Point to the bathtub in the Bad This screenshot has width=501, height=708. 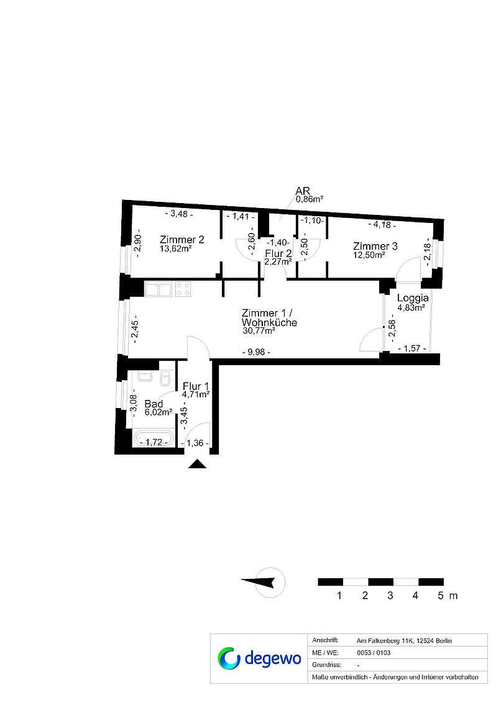154,439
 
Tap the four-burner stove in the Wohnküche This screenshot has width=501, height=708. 183,289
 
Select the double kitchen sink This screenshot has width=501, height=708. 158,289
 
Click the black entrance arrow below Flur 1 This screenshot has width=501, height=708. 197,464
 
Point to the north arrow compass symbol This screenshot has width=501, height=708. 264,583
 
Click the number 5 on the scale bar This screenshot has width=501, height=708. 441,596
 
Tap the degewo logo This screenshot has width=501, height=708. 259,658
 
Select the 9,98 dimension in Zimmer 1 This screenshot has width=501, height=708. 256,352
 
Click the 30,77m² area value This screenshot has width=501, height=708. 259,330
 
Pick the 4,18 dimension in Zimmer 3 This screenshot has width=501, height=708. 382,224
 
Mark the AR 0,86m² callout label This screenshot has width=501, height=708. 308,194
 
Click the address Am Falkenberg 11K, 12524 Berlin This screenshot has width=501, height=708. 404,641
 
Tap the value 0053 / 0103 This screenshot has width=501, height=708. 374,653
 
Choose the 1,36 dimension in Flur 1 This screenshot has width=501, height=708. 195,443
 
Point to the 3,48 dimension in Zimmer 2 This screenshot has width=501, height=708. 179,214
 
